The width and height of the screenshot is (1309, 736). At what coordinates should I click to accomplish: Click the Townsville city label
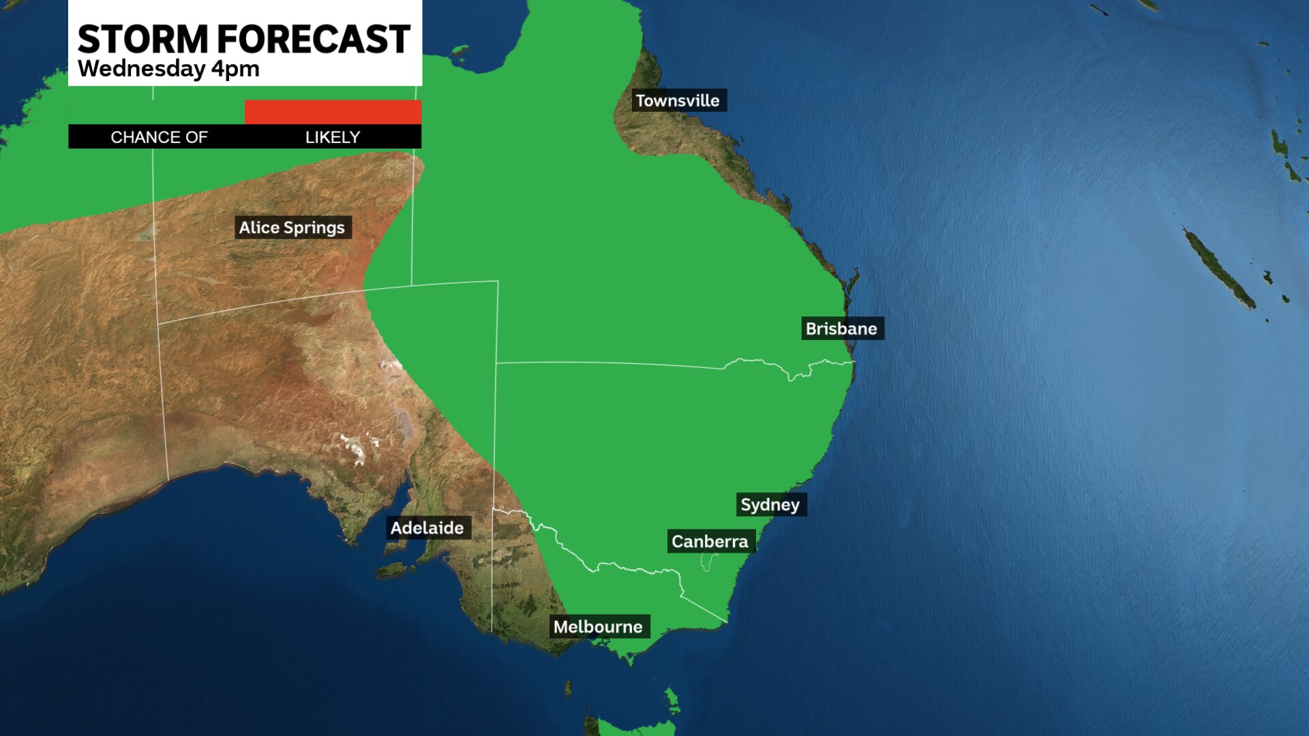coord(678,101)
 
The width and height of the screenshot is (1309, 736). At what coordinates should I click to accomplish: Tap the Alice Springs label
coord(292,228)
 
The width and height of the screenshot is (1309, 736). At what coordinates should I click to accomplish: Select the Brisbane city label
coord(841,328)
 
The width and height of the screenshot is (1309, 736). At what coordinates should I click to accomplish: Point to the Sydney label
coord(770,505)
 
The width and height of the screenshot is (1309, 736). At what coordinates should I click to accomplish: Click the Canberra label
coord(710,542)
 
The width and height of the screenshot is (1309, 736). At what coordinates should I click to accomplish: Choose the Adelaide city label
coord(427,528)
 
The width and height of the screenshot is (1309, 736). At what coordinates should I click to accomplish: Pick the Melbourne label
coord(598,627)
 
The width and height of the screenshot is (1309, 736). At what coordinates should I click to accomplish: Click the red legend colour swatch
coord(333,112)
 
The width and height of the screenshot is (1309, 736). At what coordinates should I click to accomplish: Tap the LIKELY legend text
coord(333,138)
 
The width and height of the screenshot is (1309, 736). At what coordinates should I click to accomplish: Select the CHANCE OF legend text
coord(159,138)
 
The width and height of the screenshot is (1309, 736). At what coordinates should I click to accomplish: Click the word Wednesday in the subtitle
coord(141,69)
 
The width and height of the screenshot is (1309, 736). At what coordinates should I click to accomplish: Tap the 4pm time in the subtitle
coord(235,70)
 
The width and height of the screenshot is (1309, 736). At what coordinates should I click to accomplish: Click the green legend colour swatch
coord(157,112)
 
